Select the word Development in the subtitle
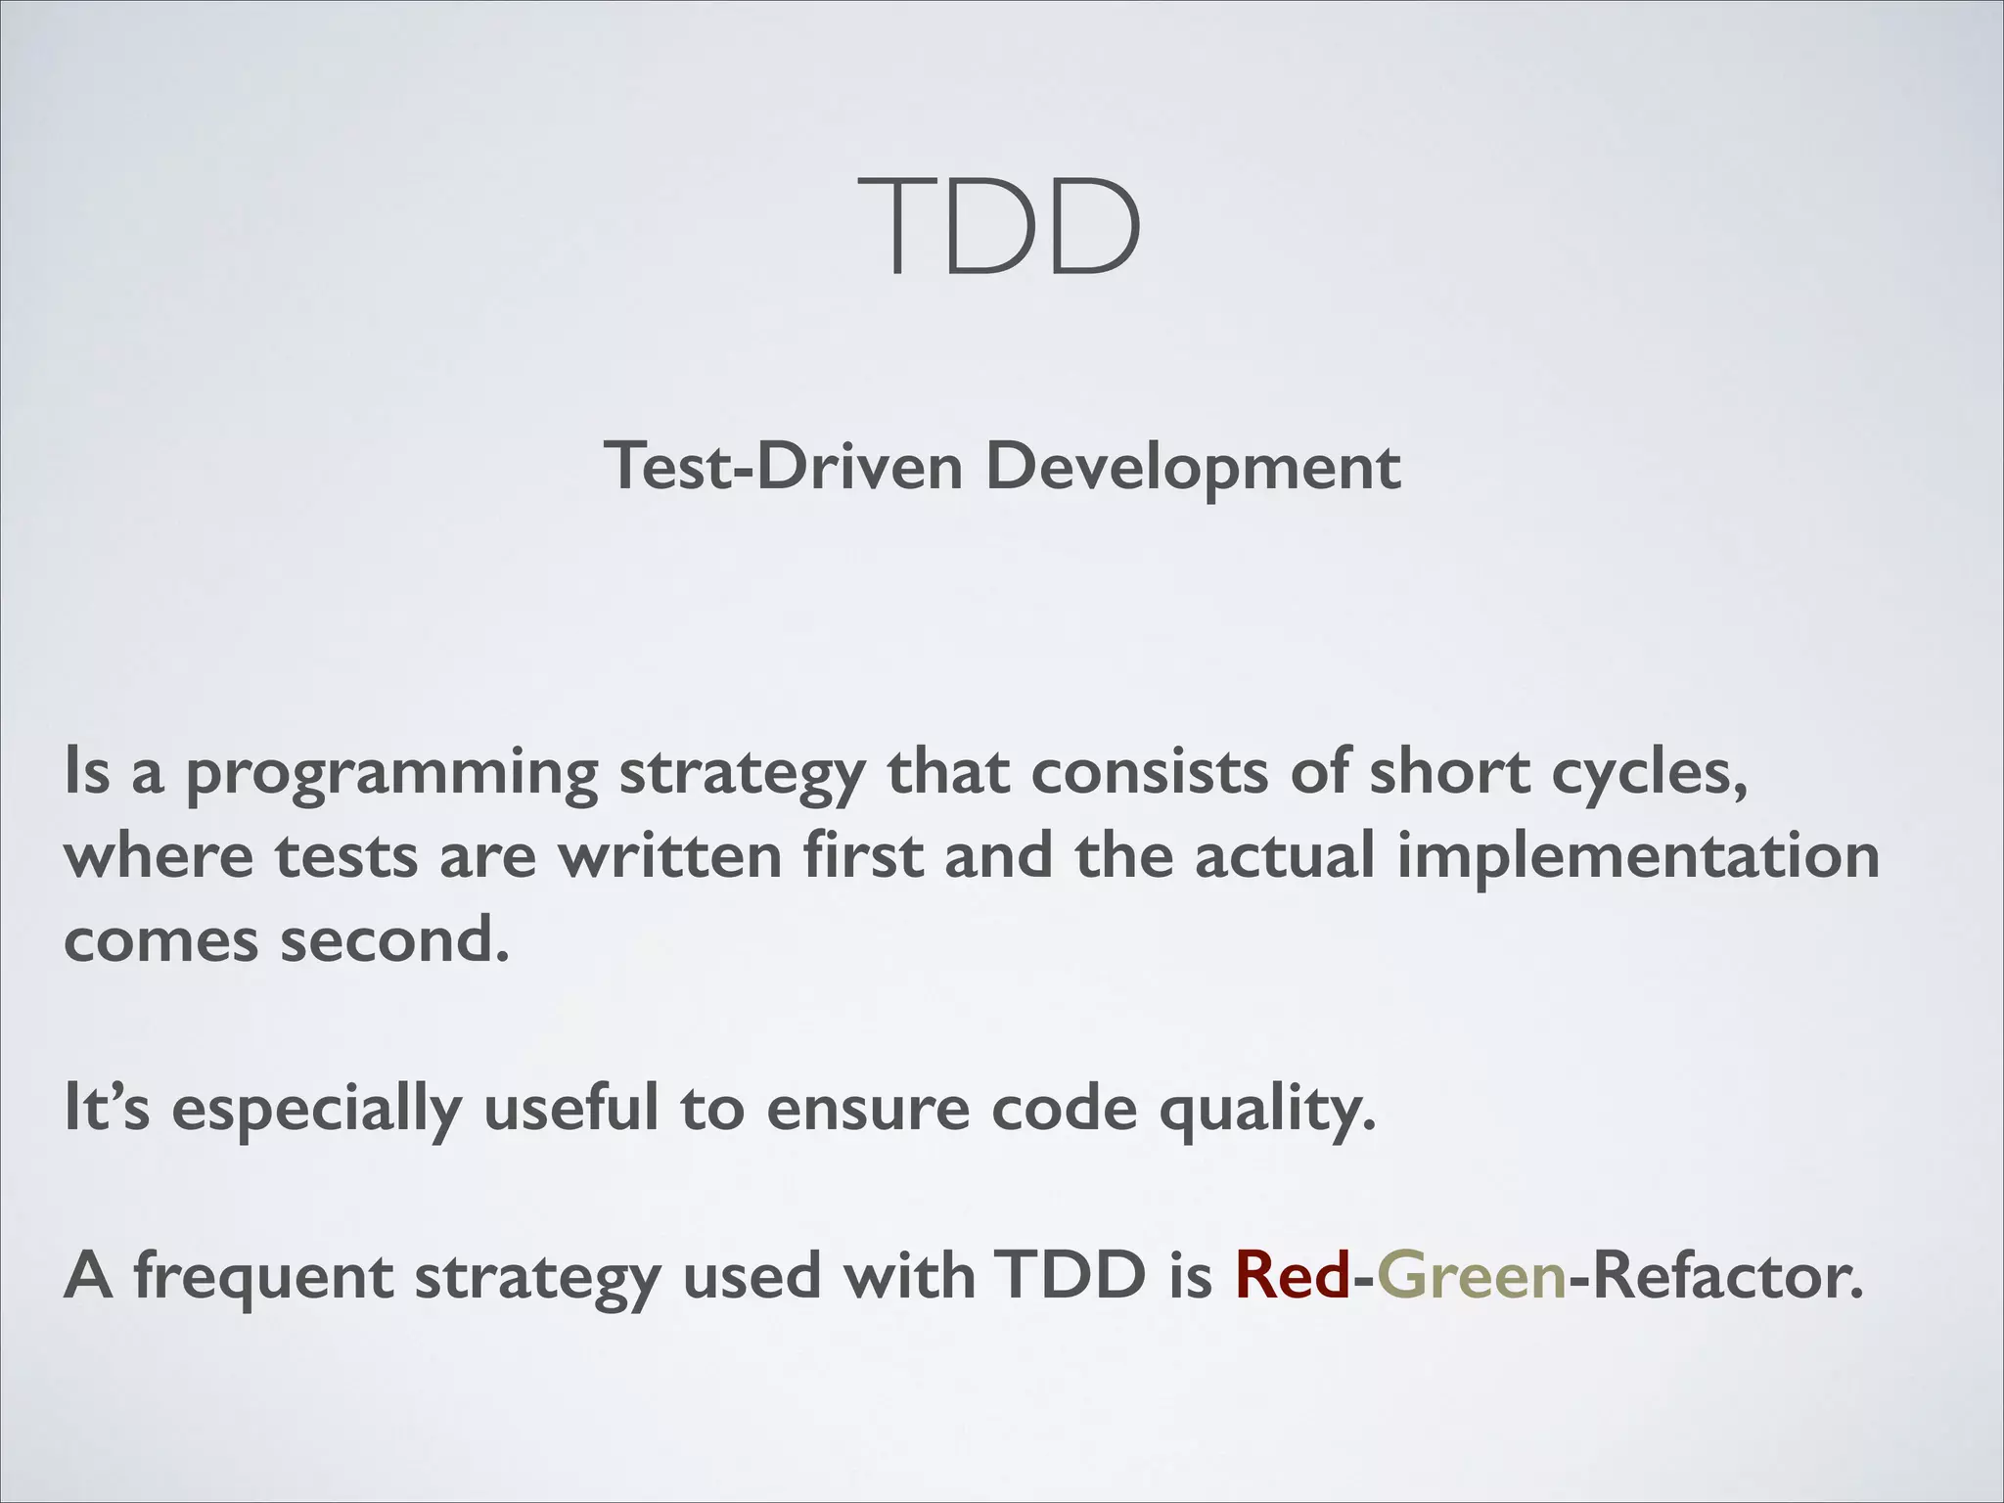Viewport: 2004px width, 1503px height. coord(1193,467)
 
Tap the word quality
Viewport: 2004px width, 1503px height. coord(1267,1110)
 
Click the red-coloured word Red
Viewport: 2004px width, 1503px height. coord(1292,1277)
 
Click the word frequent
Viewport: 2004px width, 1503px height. coord(263,1277)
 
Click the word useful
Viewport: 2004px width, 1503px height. coord(571,1110)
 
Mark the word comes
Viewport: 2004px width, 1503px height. coord(160,941)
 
